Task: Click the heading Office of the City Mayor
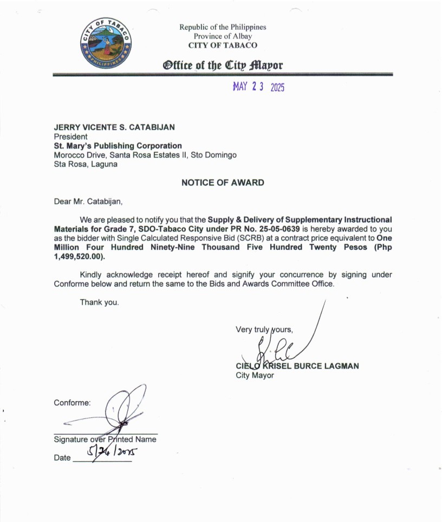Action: tap(223, 66)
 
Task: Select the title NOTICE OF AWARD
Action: tap(223, 183)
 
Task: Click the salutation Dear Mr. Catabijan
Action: tap(88, 202)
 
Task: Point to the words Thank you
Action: tap(99, 302)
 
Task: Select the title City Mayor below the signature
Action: tap(255, 375)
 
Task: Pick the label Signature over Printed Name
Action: tap(105, 439)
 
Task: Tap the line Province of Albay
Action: tap(223, 36)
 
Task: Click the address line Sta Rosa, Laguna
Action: tap(86, 164)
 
